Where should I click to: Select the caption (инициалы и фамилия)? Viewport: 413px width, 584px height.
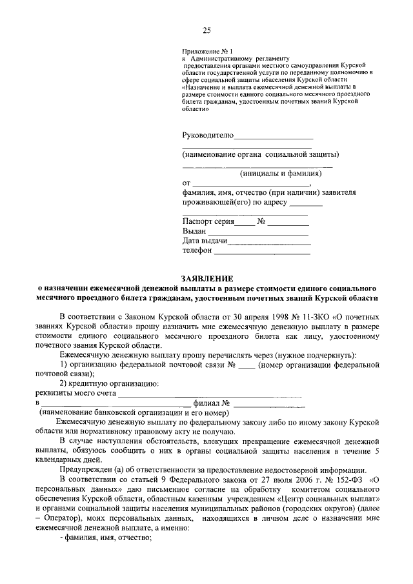tap(281, 173)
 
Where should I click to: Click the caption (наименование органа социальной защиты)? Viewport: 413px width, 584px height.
tap(261, 154)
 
